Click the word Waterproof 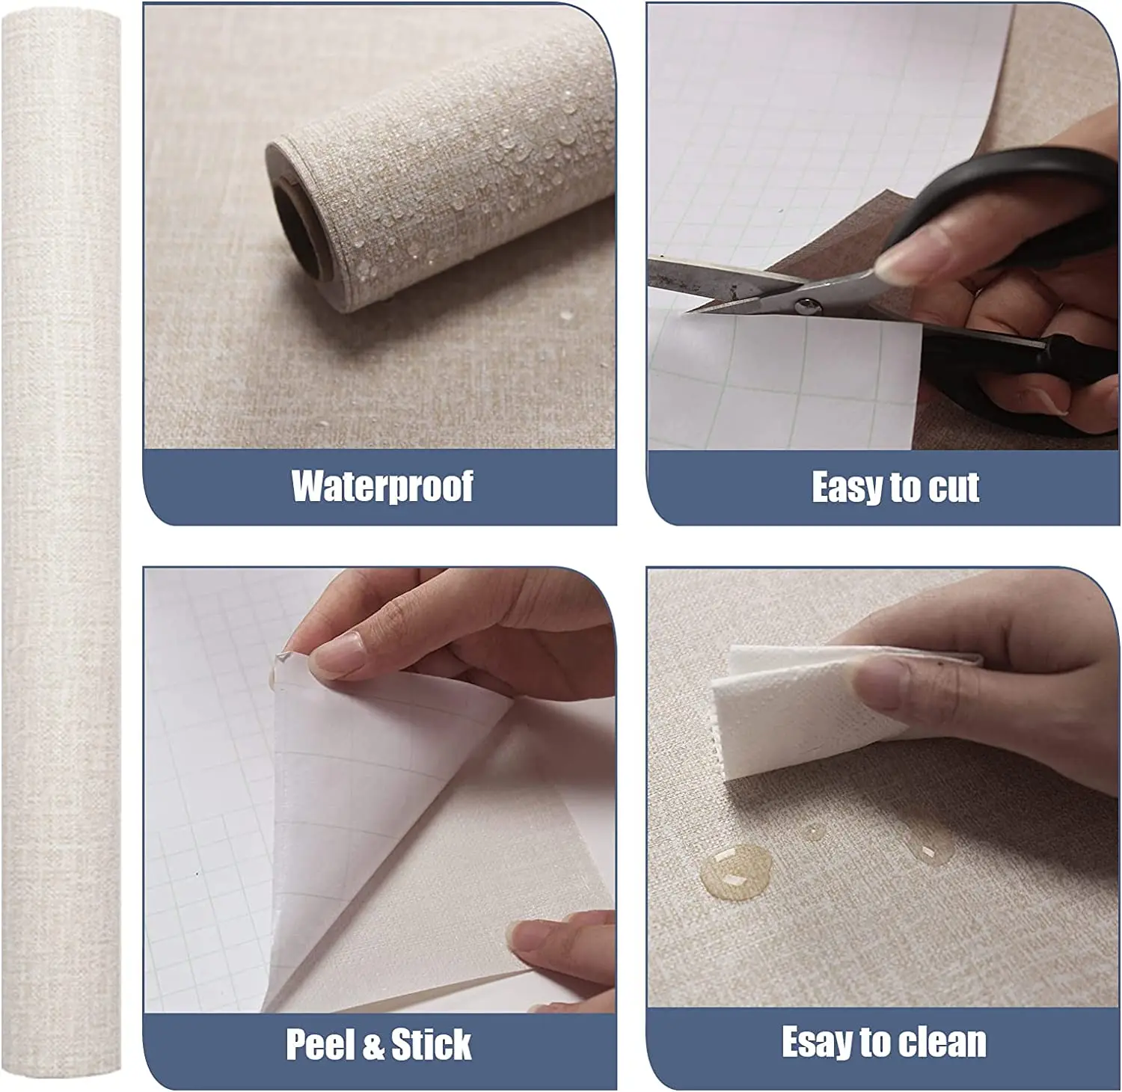pyautogui.click(x=382, y=487)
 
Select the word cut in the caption pyautogui.click(x=954, y=488)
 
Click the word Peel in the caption pyautogui.click(x=320, y=1044)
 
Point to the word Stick pyautogui.click(x=431, y=1044)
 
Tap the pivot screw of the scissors pyautogui.click(x=806, y=305)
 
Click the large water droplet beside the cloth pyautogui.click(x=735, y=871)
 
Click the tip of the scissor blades pyautogui.click(x=688, y=310)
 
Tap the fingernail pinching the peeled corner pyautogui.click(x=337, y=655)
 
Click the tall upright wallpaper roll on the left pyautogui.click(x=61, y=545)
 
